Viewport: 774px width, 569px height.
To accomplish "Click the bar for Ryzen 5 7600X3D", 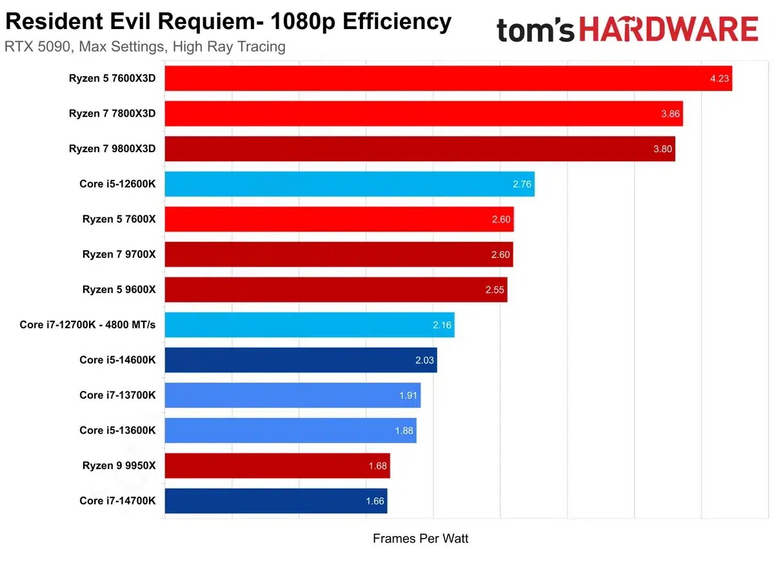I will coord(448,78).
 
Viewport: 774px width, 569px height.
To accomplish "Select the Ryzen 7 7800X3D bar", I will coord(424,114).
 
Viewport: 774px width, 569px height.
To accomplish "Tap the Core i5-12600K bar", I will coord(350,184).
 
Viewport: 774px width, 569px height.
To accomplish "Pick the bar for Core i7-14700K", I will coord(276,501).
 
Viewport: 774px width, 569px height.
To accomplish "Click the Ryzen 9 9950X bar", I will coord(277,465).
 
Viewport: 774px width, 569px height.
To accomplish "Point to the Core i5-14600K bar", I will coord(301,360).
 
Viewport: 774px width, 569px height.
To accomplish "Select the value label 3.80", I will coord(662,149).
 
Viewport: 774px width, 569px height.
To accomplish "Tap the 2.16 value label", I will coord(442,325).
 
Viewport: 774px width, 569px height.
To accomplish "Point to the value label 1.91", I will coord(408,395).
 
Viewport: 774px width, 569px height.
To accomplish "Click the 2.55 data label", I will coord(495,290).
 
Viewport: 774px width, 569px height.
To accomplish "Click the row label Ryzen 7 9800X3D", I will coord(112,148).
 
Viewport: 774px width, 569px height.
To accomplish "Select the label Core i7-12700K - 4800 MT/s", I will coord(88,324).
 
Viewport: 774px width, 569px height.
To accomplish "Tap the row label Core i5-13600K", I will coord(117,430).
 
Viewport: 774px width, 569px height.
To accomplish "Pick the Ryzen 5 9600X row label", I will coord(119,289).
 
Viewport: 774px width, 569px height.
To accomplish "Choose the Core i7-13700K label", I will coord(117,395).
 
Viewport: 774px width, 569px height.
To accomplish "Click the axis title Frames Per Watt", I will coord(421,538).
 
